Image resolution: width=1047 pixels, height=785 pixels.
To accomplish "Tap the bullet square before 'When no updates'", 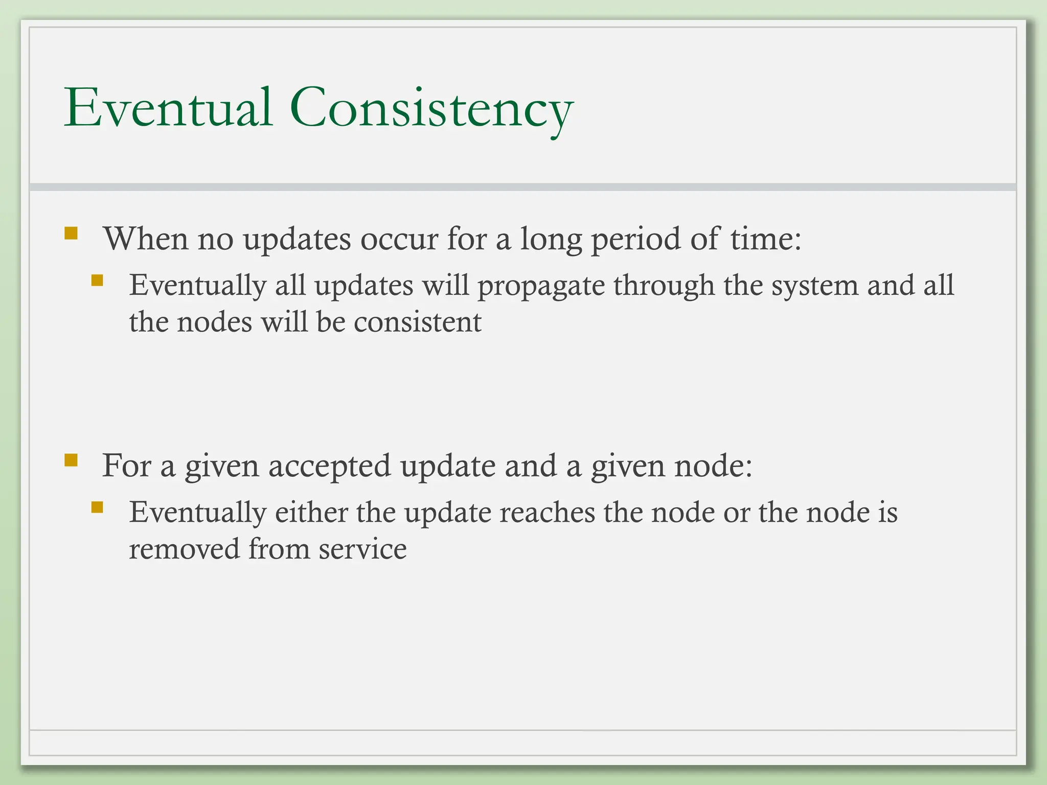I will point(71,234).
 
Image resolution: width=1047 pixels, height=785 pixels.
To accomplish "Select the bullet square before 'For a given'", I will point(71,460).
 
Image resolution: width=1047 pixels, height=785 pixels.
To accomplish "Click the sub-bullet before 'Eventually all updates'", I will point(97,280).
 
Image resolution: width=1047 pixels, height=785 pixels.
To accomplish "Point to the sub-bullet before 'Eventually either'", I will point(97,507).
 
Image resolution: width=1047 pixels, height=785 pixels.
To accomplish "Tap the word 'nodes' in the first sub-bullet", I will point(214,322).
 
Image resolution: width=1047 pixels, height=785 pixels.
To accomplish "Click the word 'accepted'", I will point(329,466).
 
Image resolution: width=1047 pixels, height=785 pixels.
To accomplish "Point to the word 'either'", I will point(311,512).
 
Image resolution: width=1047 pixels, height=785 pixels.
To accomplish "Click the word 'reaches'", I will point(547,512).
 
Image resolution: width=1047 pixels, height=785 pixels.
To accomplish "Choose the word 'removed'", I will point(184,549).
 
